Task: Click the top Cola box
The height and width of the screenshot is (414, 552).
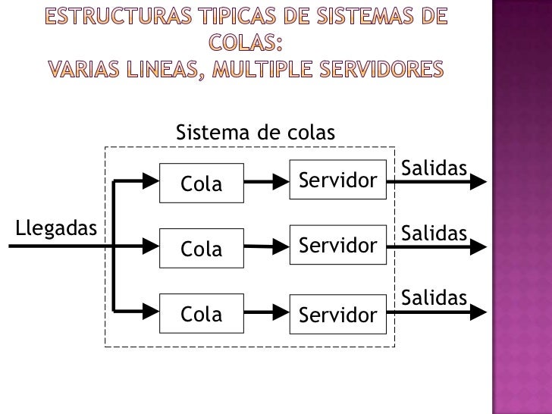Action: tap(202, 183)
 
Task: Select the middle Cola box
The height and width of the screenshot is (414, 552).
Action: tap(202, 248)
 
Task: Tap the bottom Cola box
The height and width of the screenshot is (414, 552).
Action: tap(202, 313)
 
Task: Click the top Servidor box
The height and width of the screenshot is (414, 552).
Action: tap(338, 180)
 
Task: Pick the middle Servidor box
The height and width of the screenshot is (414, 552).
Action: tap(338, 245)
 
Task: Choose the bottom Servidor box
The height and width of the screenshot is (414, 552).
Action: tap(338, 313)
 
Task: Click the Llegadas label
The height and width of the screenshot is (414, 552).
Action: tap(56, 227)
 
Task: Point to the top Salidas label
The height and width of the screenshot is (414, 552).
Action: tap(433, 167)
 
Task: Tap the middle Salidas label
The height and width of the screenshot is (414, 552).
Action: tap(433, 234)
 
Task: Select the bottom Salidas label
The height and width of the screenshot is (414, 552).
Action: tap(433, 298)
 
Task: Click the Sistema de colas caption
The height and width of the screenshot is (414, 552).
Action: tap(255, 133)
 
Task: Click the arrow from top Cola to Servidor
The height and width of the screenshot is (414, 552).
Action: tap(266, 183)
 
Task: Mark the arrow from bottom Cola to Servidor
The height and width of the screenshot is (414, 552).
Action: tap(266, 312)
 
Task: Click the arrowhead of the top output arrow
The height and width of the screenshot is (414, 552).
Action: tap(479, 182)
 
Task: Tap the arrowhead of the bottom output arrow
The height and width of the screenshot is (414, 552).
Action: tap(479, 311)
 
